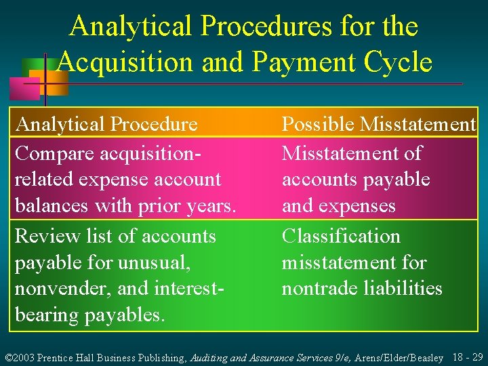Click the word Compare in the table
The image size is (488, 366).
(51, 154)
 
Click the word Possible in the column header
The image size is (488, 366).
(319, 125)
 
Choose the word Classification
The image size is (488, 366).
(341, 237)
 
